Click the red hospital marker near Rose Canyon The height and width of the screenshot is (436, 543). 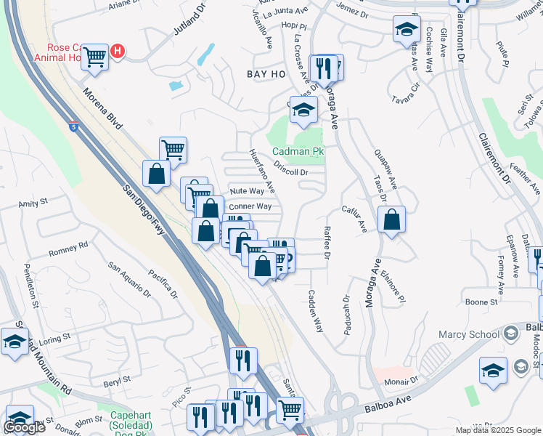118,52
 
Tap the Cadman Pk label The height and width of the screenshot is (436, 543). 298,152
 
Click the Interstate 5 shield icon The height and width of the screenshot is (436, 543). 74,126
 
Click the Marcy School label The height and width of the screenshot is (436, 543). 469,334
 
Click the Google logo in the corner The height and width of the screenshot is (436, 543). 24,427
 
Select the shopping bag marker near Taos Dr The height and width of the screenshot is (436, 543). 391,221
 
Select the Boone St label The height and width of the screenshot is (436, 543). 481,302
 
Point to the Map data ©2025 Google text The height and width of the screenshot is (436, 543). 497,430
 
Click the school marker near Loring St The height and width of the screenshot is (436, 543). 15,341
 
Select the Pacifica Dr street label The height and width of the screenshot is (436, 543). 163,284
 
